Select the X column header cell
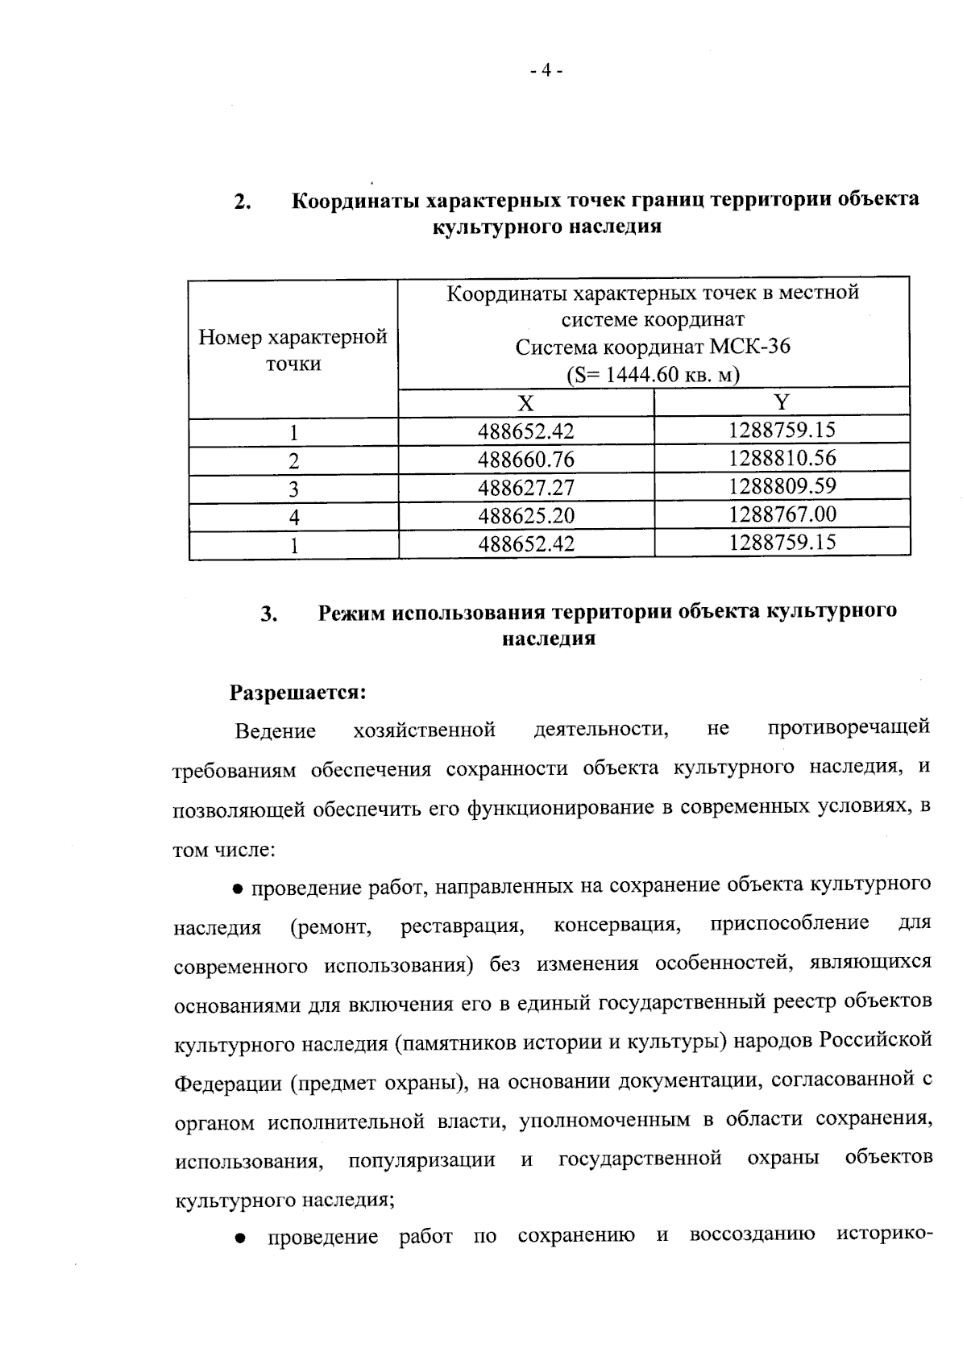click(525, 403)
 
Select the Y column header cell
click(782, 402)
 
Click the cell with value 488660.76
click(525, 460)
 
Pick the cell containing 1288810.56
click(782, 459)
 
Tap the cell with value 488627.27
click(525, 488)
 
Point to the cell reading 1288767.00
click(782, 514)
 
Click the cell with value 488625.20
click(525, 516)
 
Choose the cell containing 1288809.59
click(782, 486)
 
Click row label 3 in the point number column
click(293, 489)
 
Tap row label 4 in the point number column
click(293, 517)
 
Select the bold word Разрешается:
click(298, 693)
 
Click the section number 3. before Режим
click(269, 614)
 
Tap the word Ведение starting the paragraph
click(275, 731)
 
